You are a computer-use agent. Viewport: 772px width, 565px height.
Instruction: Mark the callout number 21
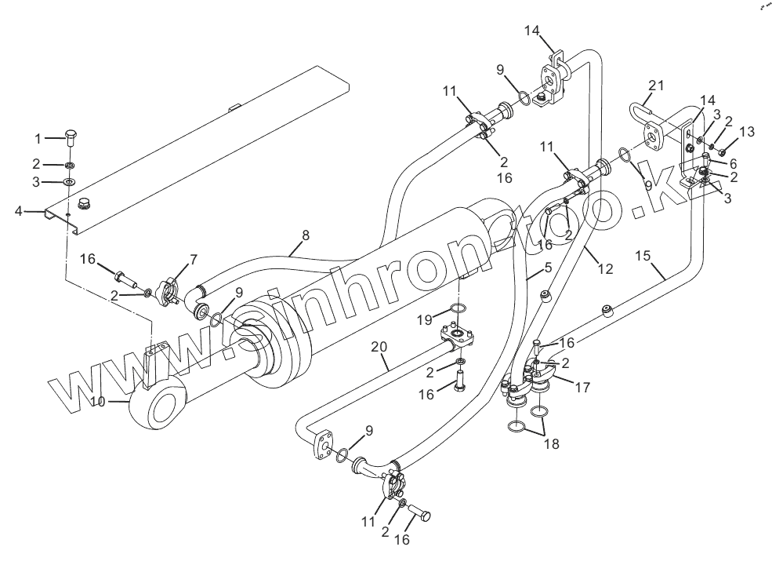657,86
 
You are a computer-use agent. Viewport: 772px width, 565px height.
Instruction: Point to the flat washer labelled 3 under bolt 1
69,182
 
